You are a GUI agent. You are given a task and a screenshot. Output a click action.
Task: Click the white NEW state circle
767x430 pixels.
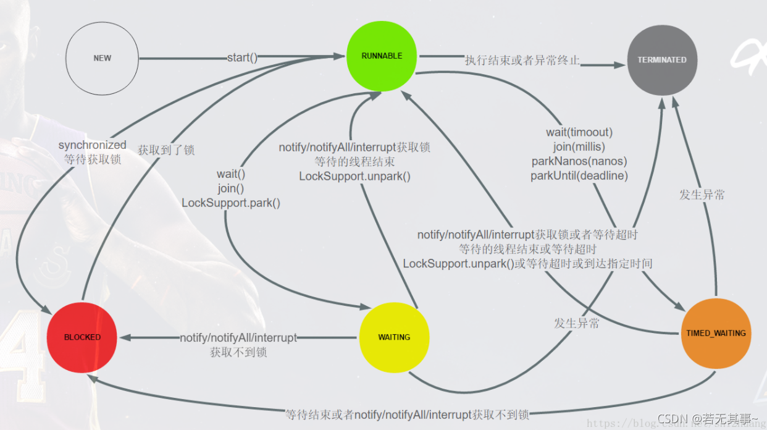coord(103,58)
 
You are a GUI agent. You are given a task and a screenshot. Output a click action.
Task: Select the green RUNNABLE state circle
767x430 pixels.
coord(382,56)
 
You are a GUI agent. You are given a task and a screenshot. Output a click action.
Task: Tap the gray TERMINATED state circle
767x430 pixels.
coord(662,60)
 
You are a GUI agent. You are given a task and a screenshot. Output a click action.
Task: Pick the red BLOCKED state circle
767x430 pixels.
coord(82,337)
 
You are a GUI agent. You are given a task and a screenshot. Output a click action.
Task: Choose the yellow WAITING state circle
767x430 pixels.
coord(394,337)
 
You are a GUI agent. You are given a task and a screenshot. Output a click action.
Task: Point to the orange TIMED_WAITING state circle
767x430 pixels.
coord(716,334)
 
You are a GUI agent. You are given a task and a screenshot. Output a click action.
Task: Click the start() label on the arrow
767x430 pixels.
coord(242,57)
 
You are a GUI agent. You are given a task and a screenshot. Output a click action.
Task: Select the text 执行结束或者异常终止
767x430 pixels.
coord(522,61)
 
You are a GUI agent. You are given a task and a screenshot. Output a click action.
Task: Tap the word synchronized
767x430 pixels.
coord(93,145)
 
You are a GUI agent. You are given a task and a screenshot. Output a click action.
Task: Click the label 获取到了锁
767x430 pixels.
coord(166,150)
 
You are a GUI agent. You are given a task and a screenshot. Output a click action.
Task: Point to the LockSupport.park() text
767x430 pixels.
coord(231,203)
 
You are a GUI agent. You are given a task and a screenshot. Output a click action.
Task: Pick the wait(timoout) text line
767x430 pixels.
coord(579,132)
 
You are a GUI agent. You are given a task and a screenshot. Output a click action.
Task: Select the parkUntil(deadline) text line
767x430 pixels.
coord(579,175)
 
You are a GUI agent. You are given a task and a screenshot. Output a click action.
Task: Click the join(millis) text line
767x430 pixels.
coord(579,147)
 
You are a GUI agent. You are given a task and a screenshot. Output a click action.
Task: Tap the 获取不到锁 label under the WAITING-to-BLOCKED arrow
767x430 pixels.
coord(238,352)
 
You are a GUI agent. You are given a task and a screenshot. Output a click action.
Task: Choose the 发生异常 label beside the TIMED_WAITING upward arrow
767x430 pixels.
coord(702,195)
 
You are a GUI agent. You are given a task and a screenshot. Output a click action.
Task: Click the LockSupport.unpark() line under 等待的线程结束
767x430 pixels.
coord(355,176)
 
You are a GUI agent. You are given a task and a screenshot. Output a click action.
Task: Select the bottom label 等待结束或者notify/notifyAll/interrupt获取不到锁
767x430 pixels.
coord(407,414)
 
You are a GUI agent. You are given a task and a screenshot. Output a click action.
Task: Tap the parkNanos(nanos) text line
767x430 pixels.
coord(579,161)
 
